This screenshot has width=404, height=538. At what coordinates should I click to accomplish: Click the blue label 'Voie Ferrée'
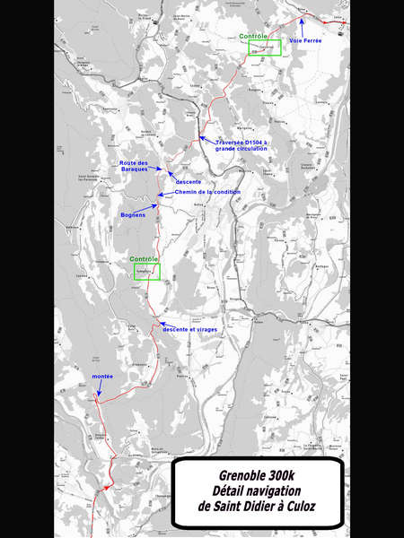[306, 40]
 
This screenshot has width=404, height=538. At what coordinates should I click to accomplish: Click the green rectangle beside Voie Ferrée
[265, 48]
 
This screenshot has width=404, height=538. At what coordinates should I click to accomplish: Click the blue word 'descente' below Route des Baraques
[189, 182]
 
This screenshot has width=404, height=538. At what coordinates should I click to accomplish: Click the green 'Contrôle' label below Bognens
[144, 259]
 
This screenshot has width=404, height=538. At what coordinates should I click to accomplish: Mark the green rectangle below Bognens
[146, 272]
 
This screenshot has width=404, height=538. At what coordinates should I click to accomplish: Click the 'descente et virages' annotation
[189, 330]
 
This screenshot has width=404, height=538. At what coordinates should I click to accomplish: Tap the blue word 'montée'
[102, 377]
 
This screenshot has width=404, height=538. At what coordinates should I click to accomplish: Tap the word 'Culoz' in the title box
[298, 508]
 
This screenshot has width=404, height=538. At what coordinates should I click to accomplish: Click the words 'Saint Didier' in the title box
[243, 508]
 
